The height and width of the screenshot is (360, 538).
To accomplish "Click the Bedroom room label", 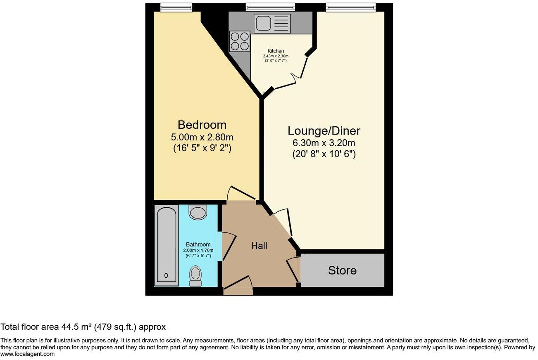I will [x=202, y=124].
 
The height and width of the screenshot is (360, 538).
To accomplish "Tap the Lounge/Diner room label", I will [x=324, y=131].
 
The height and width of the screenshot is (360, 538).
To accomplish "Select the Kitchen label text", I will [x=276, y=51].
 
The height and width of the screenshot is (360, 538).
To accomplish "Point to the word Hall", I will [x=259, y=246].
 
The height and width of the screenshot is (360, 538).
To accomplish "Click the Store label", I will [x=342, y=270].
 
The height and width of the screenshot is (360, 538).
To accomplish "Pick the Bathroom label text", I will [x=198, y=244].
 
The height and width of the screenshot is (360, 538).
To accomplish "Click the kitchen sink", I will [x=273, y=23].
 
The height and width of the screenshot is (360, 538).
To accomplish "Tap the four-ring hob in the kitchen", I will [x=240, y=41].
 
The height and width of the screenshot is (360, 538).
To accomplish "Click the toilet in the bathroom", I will [x=195, y=275].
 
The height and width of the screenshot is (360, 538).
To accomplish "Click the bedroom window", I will [x=176, y=7].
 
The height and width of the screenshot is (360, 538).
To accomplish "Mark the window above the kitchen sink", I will [x=270, y=7].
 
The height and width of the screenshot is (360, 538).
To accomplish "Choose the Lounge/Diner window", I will [x=350, y=7].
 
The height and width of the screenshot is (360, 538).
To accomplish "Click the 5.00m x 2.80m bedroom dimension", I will [x=202, y=137].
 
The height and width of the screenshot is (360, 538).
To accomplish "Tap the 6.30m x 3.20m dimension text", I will [x=324, y=143].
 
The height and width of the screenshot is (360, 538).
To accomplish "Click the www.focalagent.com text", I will [x=27, y=354].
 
